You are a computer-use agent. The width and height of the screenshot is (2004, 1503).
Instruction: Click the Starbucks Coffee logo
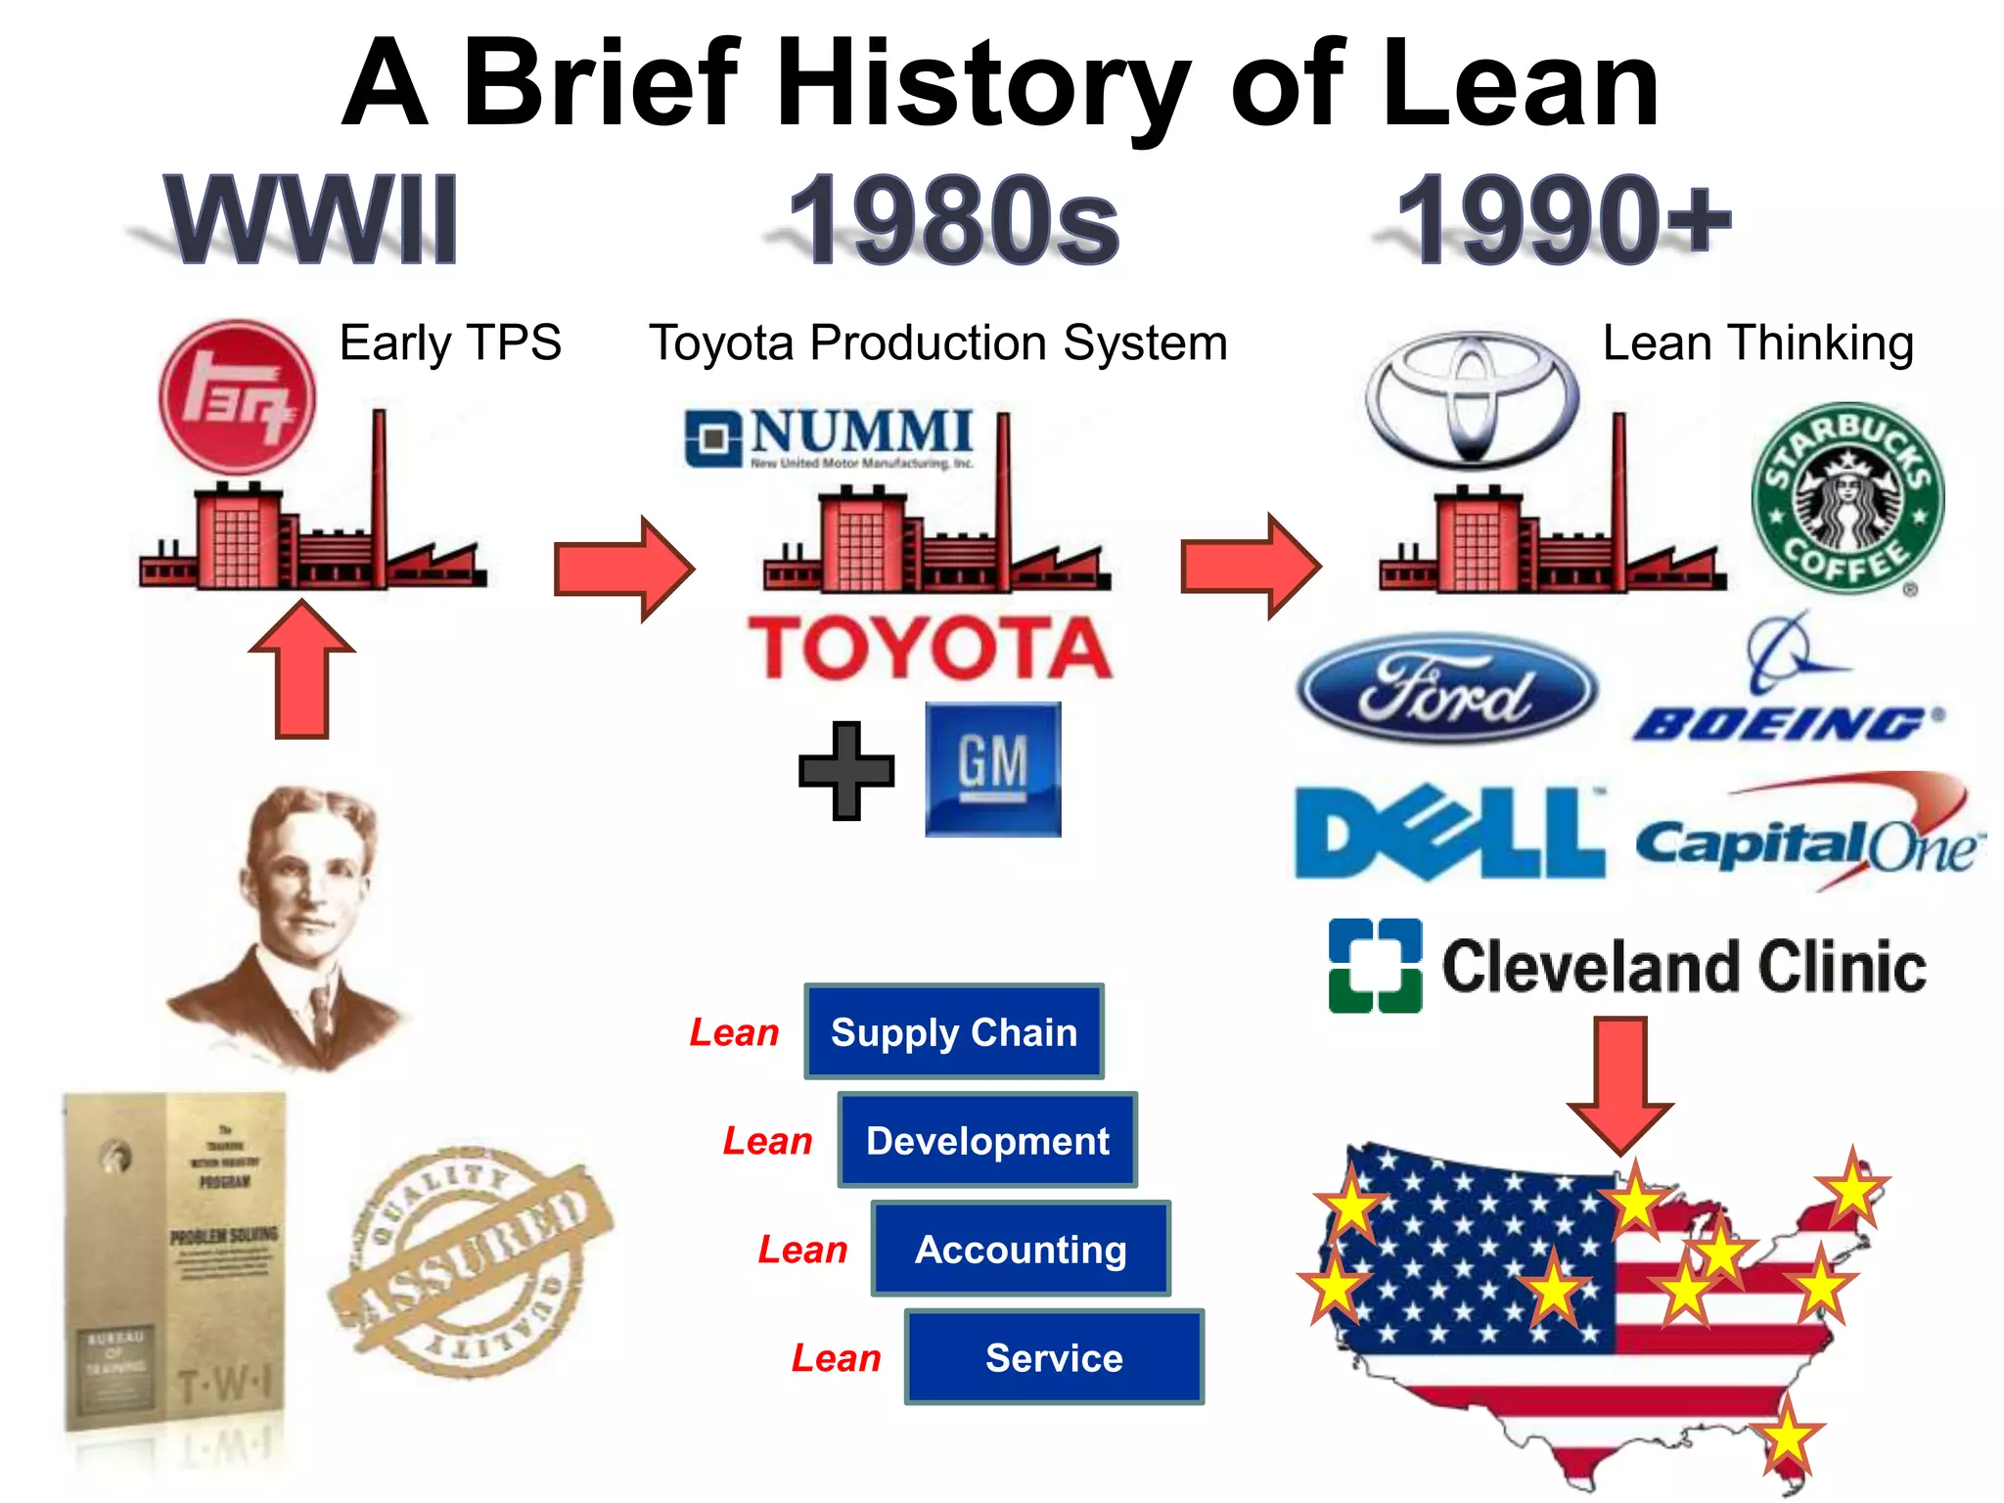[x=1847, y=499]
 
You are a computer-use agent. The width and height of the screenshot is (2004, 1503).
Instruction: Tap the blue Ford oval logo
[x=1446, y=689]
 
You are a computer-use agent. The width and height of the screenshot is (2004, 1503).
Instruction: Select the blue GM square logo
[x=992, y=769]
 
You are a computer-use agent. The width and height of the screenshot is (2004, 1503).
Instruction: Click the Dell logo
[x=1448, y=833]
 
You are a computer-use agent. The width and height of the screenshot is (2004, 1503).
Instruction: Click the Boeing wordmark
[x=1787, y=723]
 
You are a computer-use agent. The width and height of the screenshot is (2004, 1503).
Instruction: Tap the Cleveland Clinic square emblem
[x=1375, y=965]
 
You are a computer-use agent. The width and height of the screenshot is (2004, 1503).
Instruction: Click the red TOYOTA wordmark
[x=931, y=647]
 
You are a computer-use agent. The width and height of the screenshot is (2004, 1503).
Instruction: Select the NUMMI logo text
[x=861, y=433]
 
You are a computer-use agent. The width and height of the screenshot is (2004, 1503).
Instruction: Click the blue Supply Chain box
[x=954, y=1031]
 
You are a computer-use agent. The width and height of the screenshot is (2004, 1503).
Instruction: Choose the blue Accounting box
[x=1021, y=1249]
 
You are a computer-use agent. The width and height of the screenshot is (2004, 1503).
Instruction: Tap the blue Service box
[x=1054, y=1357]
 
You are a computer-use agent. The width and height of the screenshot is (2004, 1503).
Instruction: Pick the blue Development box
[x=987, y=1140]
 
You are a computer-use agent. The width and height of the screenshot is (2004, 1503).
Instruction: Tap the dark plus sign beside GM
[x=846, y=770]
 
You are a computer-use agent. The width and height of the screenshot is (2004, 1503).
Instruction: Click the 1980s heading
[x=954, y=220]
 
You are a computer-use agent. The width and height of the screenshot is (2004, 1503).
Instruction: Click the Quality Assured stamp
[x=470, y=1262]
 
